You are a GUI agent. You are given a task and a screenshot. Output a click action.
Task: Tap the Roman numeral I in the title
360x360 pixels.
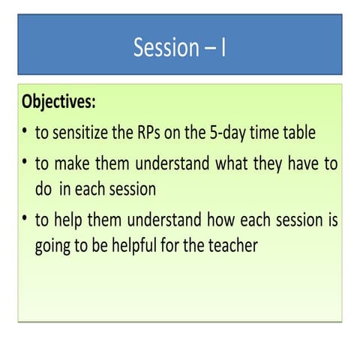223,48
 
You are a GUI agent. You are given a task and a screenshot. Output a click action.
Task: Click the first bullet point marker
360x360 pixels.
25,133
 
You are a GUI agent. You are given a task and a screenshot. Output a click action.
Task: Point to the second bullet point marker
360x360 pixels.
25,163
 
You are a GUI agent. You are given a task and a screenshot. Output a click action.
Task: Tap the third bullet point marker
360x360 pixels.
25,221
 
